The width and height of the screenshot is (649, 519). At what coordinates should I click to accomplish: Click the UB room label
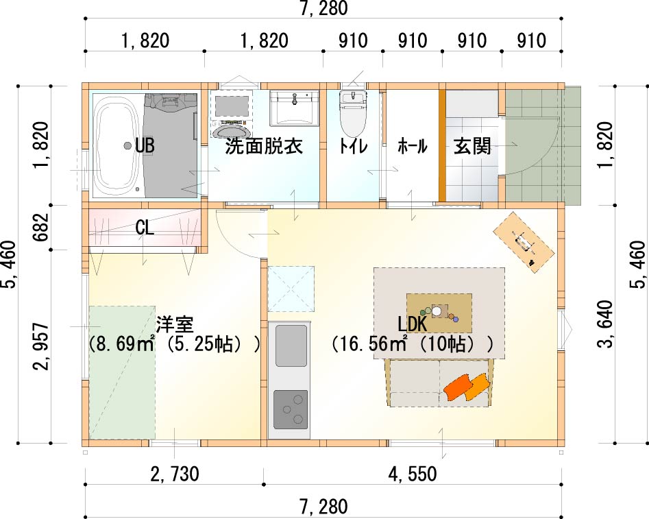[145, 146]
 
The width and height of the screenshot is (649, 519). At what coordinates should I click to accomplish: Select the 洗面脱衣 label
[264, 146]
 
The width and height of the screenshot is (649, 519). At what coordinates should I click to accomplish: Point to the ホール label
[413, 146]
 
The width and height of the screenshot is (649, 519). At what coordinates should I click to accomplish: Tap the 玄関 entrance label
[472, 146]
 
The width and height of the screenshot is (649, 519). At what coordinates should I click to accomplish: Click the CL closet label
[145, 228]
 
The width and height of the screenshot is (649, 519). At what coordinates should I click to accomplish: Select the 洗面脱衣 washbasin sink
[294, 108]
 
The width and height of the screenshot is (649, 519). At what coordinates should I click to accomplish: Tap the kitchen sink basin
[291, 346]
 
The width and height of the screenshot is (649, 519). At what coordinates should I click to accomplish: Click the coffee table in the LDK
[439, 313]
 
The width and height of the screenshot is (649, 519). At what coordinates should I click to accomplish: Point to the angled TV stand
[524, 242]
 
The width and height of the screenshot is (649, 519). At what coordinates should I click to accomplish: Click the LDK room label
[413, 324]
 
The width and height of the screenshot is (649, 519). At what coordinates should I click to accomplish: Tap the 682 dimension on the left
[42, 228]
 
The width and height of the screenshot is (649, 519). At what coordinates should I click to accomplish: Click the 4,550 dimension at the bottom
[413, 474]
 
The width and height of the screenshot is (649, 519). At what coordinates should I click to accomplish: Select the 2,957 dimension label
[42, 346]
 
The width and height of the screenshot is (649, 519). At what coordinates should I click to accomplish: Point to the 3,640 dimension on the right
[604, 324]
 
